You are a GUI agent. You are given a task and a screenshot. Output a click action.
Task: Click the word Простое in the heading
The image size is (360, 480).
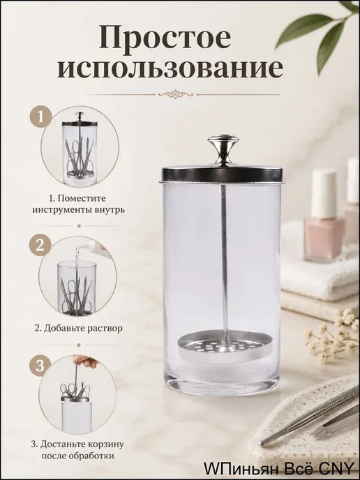tap(165, 38)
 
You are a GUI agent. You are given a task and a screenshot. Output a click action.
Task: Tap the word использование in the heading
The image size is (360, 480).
tap(170, 69)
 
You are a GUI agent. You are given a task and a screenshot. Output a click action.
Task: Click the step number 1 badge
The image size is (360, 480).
tap(40, 117)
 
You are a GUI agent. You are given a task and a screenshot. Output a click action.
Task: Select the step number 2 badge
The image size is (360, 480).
tap(40, 245)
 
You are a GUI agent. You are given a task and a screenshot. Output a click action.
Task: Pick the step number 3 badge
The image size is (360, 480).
tap(40, 366)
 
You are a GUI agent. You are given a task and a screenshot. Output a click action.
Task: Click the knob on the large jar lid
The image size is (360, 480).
tap(223, 150)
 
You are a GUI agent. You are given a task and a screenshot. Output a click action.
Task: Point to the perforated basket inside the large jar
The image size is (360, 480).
tap(225, 347)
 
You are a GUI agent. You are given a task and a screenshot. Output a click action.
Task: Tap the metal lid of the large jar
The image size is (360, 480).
tap(223, 174)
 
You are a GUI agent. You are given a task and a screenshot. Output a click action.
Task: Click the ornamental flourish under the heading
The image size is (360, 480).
tap(175, 94)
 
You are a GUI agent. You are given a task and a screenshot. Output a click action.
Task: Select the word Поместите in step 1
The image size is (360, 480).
tap(82, 198)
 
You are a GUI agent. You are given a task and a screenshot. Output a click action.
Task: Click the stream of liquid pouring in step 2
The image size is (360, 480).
tap(77, 257)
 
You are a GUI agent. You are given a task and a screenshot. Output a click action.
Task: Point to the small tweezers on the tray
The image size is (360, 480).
tap(334, 425)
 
